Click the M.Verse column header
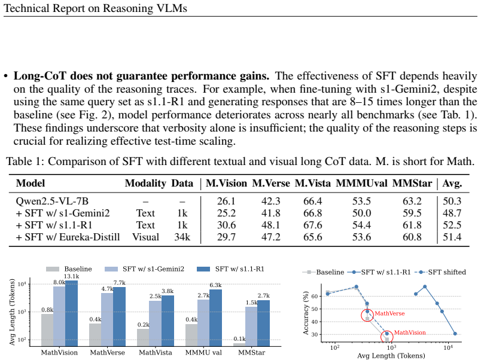tap(271, 183)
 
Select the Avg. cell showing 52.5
tap(452, 225)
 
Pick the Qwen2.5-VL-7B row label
tap(52, 201)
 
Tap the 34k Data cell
tap(182, 237)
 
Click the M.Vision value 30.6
tap(226, 225)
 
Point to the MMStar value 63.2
tap(412, 201)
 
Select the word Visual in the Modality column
tap(146, 237)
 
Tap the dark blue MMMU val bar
tap(215, 318)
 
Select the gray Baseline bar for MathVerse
tap(95, 335)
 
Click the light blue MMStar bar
tap(251, 327)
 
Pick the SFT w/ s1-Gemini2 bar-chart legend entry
tap(145, 269)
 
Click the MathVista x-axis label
tap(156, 353)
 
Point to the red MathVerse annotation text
tap(389, 313)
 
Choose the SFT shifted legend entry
tap(440, 272)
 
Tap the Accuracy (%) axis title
tap(306, 315)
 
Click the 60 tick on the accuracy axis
tap(315, 296)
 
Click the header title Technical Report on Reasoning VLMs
tap(95, 8)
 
